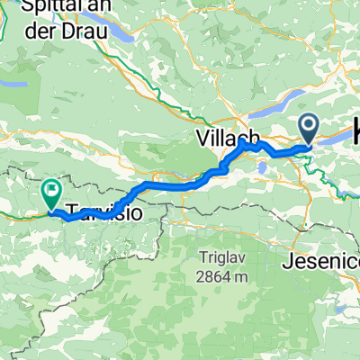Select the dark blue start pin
[x=309, y=128]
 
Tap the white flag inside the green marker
[x=51, y=189]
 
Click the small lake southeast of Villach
[x=262, y=166]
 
